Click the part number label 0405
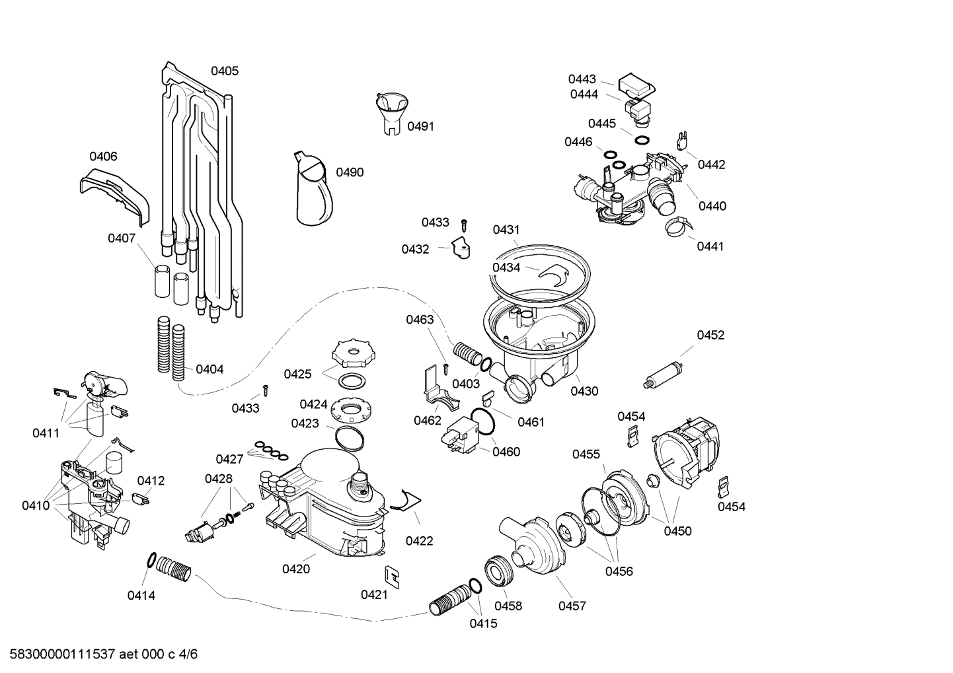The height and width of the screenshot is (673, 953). [x=225, y=71]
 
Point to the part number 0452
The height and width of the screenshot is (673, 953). [x=710, y=335]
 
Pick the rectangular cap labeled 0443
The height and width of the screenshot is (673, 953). [x=636, y=84]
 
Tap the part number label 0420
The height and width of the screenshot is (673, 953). [x=296, y=569]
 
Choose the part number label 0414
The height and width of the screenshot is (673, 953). [x=141, y=596]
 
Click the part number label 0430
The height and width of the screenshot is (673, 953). [x=584, y=391]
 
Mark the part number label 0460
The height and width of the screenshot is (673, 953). [x=506, y=452]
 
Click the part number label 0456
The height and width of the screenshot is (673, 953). [x=619, y=571]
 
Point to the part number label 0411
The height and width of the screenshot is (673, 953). [x=46, y=433]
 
